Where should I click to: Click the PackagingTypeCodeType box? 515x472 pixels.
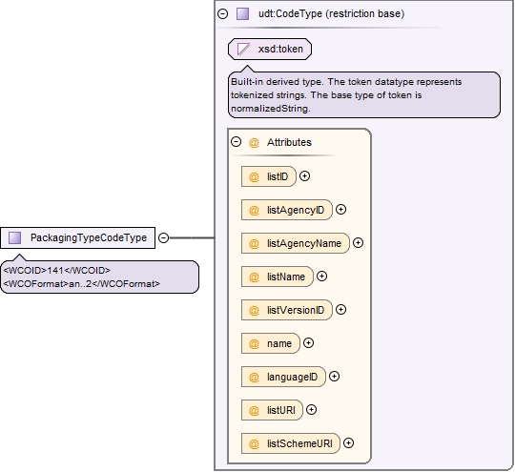coord(77,237)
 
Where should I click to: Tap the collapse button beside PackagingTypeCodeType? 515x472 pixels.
coord(164,237)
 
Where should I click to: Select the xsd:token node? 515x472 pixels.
coord(270,49)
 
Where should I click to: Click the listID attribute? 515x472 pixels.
coord(269,176)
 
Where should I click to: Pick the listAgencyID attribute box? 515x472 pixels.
coord(287,210)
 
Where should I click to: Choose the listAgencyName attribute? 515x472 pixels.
coord(296,243)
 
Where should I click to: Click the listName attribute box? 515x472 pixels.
coord(278,277)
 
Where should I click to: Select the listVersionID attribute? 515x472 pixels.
coord(287,310)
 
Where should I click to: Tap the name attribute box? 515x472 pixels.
coord(271,343)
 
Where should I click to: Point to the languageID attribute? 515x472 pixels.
coord(283,377)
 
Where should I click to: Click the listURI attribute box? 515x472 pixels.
coord(272,410)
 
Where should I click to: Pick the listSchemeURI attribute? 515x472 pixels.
coord(291,443)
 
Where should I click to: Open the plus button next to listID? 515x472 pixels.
coord(305,176)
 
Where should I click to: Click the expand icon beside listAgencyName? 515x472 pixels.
coord(358,243)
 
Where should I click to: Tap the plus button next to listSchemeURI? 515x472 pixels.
coord(348,443)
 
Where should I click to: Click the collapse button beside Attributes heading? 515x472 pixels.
coord(237,142)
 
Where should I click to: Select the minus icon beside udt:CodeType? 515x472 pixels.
coord(222,13)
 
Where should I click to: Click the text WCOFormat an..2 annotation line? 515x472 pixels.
coord(82,284)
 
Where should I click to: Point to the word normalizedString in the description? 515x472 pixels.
coord(271,109)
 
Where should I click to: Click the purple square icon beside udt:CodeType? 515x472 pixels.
coord(243,13)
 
